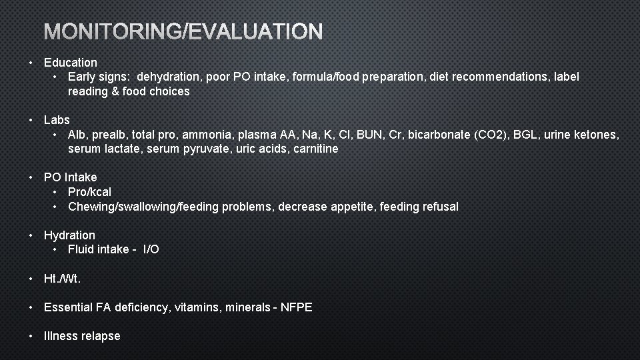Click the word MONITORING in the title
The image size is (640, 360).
[113, 31]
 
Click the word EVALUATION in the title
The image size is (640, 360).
[257, 31]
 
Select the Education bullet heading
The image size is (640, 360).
[71, 63]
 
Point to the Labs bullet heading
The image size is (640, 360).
[57, 120]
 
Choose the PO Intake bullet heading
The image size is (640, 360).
[70, 177]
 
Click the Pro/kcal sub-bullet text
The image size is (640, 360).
[89, 192]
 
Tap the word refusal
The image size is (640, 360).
[437, 207]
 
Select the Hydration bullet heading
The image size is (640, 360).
[69, 235]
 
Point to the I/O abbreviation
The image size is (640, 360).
[151, 249]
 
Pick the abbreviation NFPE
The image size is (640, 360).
[296, 307]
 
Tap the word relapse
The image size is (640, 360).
[101, 336]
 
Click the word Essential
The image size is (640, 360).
[68, 307]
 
